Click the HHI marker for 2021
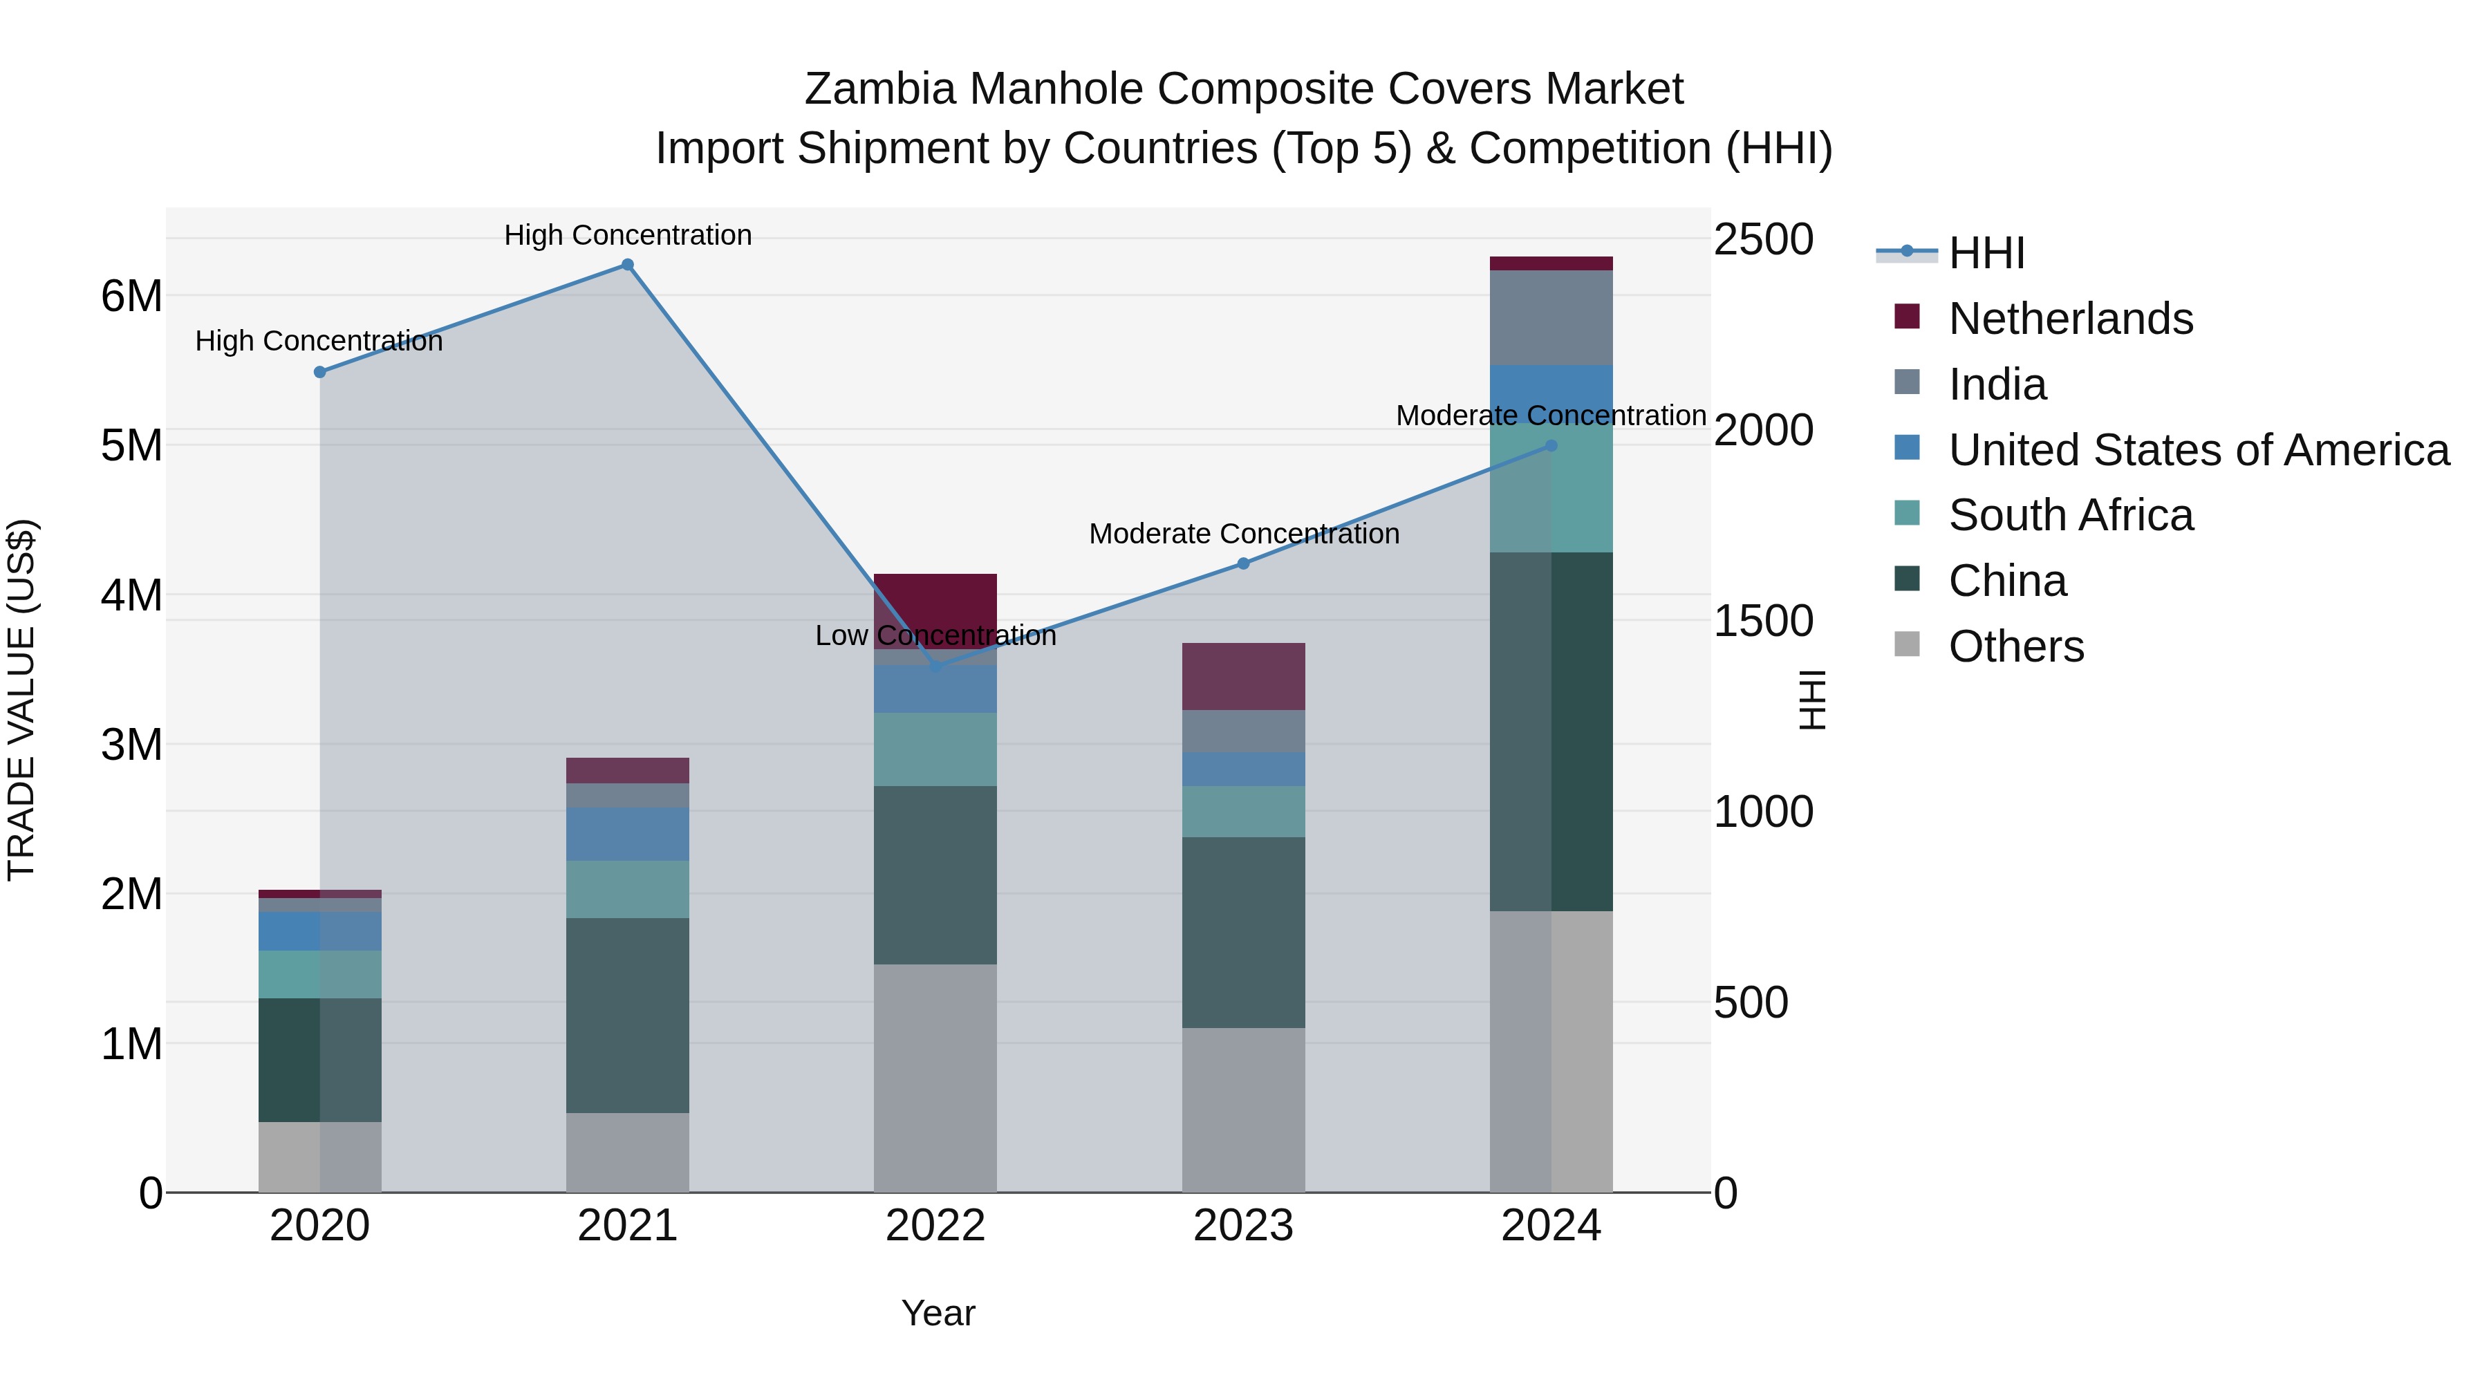pyautogui.click(x=627, y=265)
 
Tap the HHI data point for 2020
pyautogui.click(x=320, y=372)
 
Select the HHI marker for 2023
pyautogui.click(x=1244, y=563)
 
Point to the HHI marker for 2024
pyautogui.click(x=1551, y=445)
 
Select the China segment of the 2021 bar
pyautogui.click(x=627, y=1014)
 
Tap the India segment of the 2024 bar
pyautogui.click(x=1551, y=318)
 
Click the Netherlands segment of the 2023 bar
pyautogui.click(x=1244, y=676)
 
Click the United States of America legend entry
pyautogui.click(x=2198, y=449)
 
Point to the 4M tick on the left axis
pyautogui.click(x=132, y=595)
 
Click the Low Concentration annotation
pyautogui.click(x=935, y=636)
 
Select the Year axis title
pyautogui.click(x=938, y=1313)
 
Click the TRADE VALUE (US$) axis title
pyautogui.click(x=21, y=700)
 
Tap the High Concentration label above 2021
pyautogui.click(x=627, y=235)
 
